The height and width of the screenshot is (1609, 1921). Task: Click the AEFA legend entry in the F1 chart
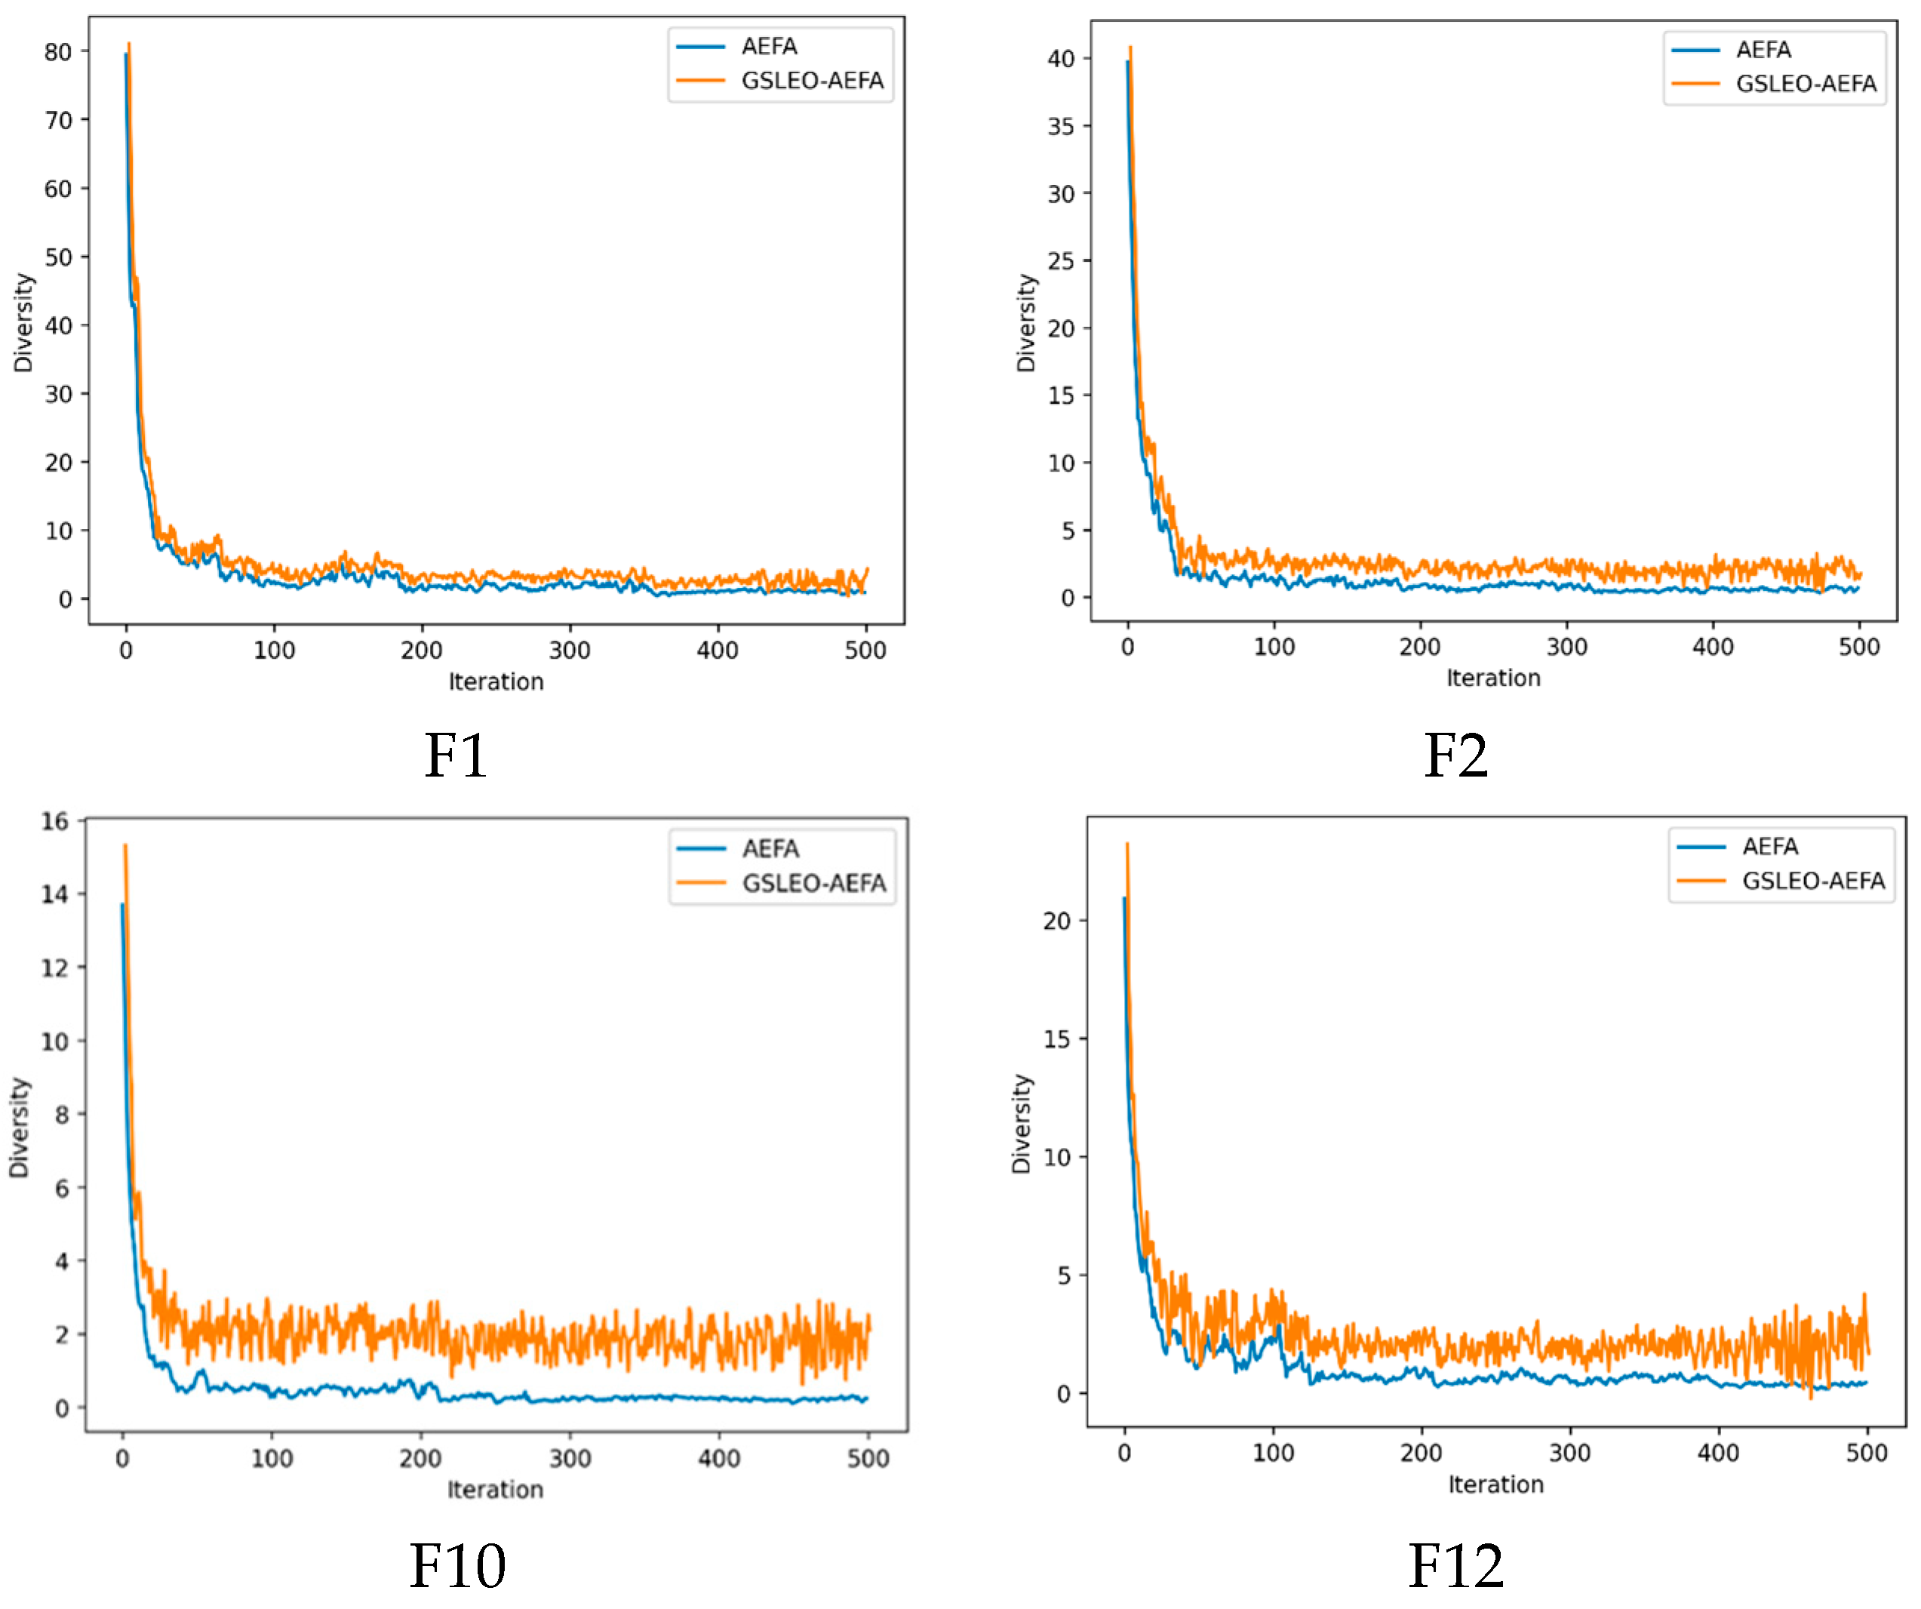(x=768, y=47)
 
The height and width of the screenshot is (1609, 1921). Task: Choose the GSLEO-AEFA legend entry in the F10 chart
(x=813, y=884)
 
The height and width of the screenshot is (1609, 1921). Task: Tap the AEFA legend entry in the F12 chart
(x=1769, y=847)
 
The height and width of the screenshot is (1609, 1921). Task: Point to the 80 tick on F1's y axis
(x=59, y=52)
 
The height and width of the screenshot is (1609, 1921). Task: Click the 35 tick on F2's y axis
(x=1061, y=126)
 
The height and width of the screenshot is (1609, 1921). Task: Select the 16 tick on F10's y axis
(x=55, y=821)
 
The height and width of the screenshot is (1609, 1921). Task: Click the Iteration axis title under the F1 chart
(x=496, y=681)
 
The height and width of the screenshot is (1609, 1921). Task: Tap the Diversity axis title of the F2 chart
(x=1026, y=323)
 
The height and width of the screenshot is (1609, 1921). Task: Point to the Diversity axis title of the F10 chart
(x=19, y=1127)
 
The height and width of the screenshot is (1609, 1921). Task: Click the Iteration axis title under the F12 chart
(x=1495, y=1484)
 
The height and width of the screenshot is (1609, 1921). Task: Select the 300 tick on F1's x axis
(x=570, y=651)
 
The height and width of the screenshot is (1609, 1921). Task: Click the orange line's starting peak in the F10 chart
(x=125, y=846)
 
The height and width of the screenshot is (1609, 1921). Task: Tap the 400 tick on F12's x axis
(x=1718, y=1453)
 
